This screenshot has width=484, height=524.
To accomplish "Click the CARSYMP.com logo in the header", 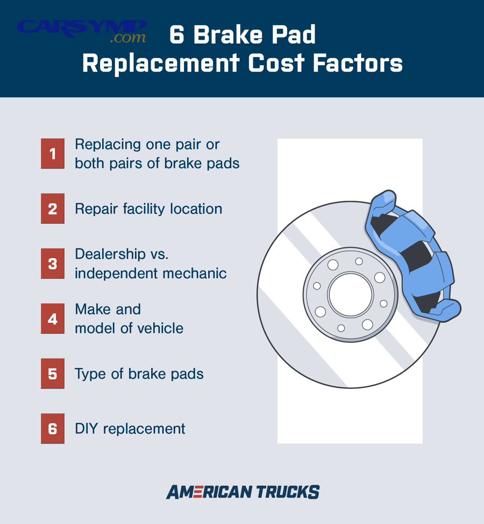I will (x=82, y=31).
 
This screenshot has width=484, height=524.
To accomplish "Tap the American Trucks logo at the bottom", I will (x=243, y=492).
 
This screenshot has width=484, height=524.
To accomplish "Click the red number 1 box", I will (x=52, y=154).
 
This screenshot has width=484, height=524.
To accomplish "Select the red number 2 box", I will (x=52, y=209).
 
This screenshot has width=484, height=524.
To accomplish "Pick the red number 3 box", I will (x=52, y=264).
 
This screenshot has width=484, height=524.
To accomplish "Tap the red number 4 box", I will (x=52, y=318).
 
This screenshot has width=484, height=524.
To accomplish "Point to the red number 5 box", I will (x=52, y=373).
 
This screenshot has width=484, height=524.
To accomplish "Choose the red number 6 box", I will (x=52, y=428).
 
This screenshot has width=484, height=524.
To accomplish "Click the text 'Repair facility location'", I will (x=148, y=209).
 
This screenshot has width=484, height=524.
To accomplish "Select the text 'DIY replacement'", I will (x=130, y=428).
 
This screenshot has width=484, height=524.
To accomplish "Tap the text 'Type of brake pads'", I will (x=139, y=373).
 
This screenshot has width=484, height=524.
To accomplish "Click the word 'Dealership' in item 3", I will (x=110, y=254).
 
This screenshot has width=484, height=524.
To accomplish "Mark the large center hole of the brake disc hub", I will (x=351, y=295).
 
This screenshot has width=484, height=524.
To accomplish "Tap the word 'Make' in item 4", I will (x=92, y=309).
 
